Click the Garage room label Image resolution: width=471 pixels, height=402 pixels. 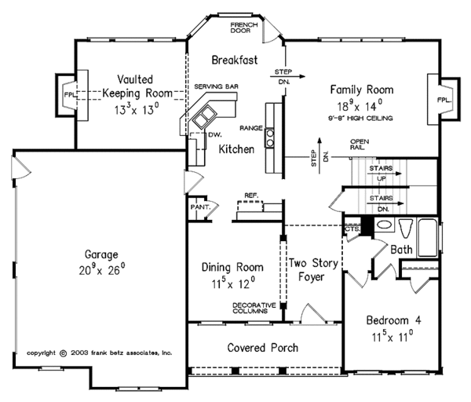(101, 254)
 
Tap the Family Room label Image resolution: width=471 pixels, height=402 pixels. (362, 90)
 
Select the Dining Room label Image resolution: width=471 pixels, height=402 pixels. (232, 267)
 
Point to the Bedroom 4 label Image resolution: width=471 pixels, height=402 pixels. (393, 320)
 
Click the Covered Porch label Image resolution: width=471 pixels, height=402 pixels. (262, 348)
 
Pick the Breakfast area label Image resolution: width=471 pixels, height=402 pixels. (235, 60)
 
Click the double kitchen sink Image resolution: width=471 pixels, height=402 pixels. (204, 116)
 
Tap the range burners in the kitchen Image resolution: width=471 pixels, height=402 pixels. (270, 138)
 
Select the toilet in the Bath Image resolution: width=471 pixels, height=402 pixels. (406, 228)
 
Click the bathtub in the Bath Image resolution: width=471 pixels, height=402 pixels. (428, 238)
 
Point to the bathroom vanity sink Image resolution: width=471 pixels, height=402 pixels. (384, 225)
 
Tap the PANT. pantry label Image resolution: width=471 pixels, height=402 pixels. (200, 207)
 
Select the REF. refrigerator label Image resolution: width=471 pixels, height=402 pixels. (251, 196)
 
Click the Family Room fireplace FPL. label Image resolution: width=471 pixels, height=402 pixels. (444, 100)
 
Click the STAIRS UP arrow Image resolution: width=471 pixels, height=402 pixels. (385, 174)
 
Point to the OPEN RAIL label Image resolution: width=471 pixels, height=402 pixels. (360, 144)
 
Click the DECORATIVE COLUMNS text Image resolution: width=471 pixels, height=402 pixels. (254, 308)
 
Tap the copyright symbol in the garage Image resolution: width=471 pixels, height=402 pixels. (64, 353)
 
